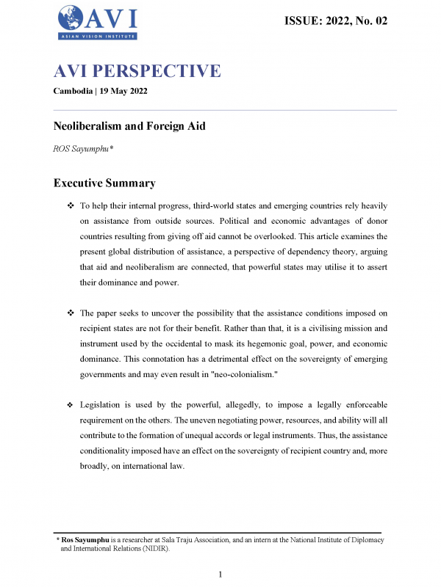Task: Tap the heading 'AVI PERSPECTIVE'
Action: tap(137, 71)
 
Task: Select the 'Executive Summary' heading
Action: tap(104, 183)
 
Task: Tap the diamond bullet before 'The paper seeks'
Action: tap(70, 312)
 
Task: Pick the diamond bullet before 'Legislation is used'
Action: tap(70, 405)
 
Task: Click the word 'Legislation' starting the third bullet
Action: tap(104, 405)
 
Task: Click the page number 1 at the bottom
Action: tap(220, 573)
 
